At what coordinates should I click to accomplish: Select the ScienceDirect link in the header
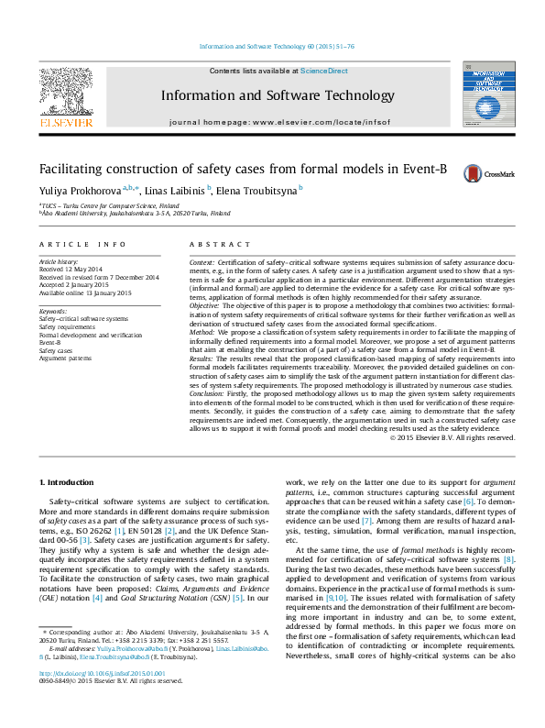coord(324,71)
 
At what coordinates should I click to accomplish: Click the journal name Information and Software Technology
coord(278,95)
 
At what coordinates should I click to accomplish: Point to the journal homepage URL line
coord(278,122)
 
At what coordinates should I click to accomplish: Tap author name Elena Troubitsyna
coord(257,190)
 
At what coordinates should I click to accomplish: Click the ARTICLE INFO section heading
coord(82,244)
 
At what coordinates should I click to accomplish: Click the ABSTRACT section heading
coord(219,244)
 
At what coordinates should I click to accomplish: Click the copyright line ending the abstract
coord(452,438)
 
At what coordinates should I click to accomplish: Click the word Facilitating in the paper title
coord(72,169)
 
